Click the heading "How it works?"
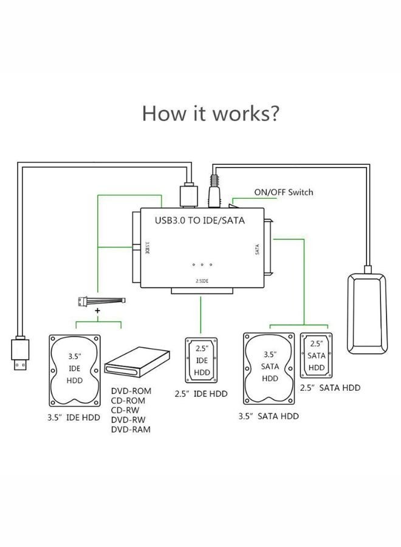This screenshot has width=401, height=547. point(211,113)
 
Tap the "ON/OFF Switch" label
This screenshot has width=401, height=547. point(283,192)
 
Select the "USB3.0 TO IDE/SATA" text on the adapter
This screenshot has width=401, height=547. point(200,221)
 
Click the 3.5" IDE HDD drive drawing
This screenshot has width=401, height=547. point(75,370)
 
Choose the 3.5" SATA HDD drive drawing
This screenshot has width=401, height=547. point(270,367)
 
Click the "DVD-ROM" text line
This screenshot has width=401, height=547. point(131,391)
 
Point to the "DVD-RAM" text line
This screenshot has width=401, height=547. point(131,430)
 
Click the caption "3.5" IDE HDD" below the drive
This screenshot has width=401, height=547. point(74,418)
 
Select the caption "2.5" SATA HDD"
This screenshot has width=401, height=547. point(331,388)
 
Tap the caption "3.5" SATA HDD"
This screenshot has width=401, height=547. point(269,416)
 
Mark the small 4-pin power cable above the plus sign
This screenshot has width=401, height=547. point(102,300)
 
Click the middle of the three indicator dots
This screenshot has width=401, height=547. point(202,265)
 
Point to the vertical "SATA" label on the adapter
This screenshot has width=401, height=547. point(257,249)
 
